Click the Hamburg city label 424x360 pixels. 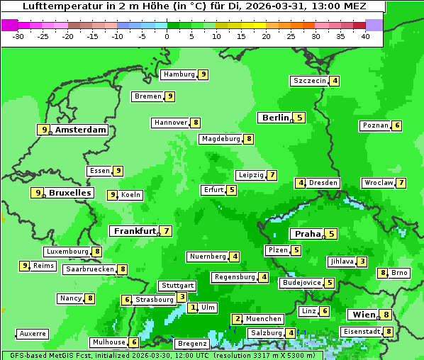pyautogui.click(x=178, y=74)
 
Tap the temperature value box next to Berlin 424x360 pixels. pyautogui.click(x=300, y=118)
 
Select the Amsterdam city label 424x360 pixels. pyautogui.click(x=81, y=130)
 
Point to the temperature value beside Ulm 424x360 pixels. pyautogui.click(x=193, y=308)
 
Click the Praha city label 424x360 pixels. pyautogui.click(x=308, y=234)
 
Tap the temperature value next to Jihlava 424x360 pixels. pyautogui.click(x=362, y=261)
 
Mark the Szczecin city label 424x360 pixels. pyautogui.click(x=310, y=81)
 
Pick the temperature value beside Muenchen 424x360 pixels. pyautogui.click(x=238, y=319)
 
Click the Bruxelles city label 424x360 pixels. pyautogui.click(x=69, y=193)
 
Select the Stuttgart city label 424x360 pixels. pyautogui.click(x=177, y=286)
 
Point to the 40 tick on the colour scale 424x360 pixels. pyautogui.click(x=365, y=35)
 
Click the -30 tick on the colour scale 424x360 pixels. pyautogui.click(x=18, y=35)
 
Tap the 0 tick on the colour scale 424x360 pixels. pyautogui.click(x=167, y=35)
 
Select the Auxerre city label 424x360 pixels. pyautogui.click(x=33, y=333)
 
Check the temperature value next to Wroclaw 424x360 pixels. pyautogui.click(x=401, y=183)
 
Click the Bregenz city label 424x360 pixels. pyautogui.click(x=192, y=344)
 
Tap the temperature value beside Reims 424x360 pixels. pyautogui.click(x=25, y=266)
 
